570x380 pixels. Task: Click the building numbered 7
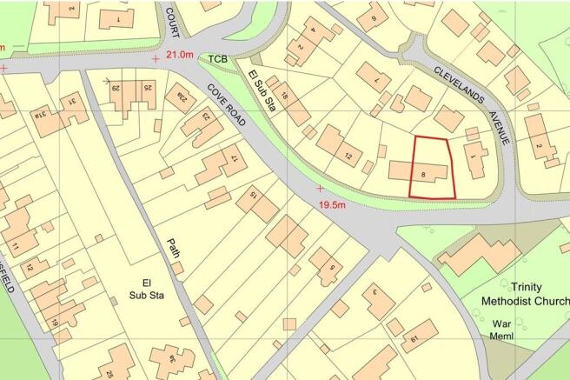(377, 81)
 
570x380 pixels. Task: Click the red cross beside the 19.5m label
(320, 188)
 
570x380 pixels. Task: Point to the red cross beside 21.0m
(156, 58)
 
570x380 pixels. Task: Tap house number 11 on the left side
(15, 247)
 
